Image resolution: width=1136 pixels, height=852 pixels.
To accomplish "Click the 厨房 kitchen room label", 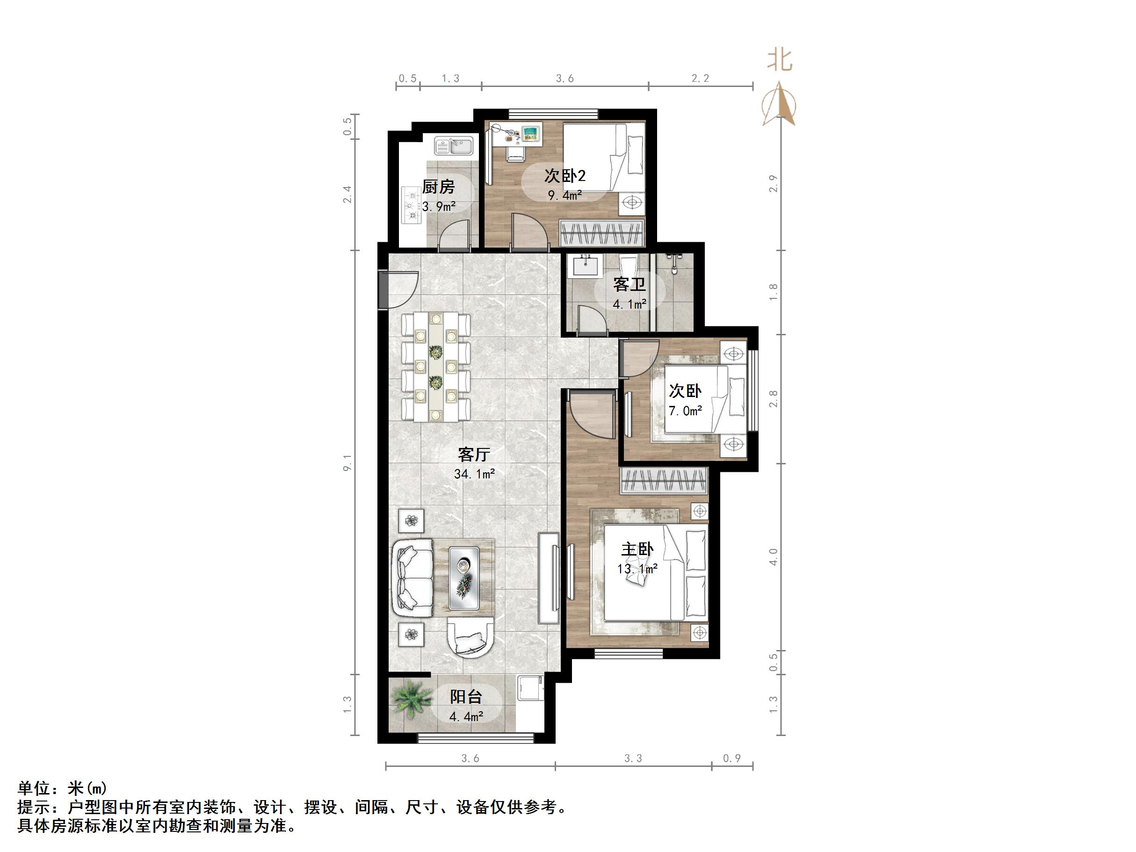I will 438,187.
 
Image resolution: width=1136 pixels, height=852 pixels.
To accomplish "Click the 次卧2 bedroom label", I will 565,176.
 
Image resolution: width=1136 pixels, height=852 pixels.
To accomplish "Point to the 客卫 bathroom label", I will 629,284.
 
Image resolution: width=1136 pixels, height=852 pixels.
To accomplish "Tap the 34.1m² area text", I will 474,474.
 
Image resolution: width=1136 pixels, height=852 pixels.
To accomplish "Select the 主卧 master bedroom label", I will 637,549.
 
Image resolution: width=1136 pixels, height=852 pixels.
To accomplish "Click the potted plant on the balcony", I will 411,699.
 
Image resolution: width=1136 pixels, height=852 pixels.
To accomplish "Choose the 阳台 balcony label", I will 466,696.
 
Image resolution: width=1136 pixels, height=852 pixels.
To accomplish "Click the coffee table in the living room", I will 464,578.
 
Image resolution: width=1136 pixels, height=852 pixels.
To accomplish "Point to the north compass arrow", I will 780,106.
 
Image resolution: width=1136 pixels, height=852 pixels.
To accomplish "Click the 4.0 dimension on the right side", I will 774,556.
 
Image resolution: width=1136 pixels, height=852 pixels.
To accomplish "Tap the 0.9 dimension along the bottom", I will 732,758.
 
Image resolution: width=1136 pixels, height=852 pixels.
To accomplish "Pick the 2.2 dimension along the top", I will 700,78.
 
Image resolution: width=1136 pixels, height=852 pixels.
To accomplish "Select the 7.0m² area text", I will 685,411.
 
